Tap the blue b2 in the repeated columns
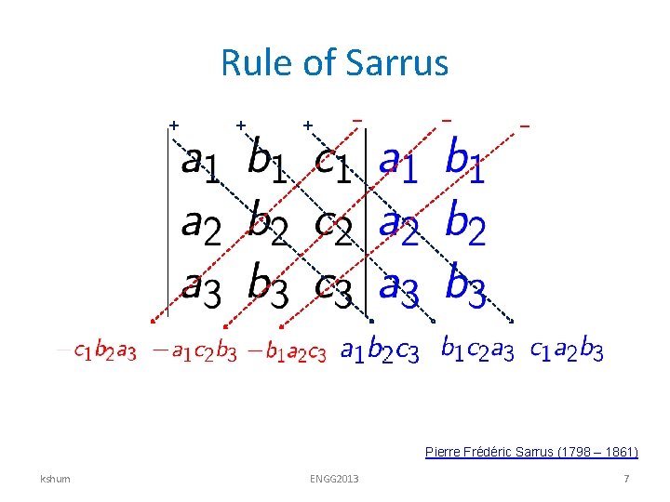pyautogui.click(x=465, y=223)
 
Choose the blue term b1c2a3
pyautogui.click(x=476, y=351)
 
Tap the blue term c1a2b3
pyautogui.click(x=566, y=351)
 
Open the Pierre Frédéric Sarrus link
pyautogui.click(x=531, y=453)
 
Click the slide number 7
pyautogui.click(x=626, y=479)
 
